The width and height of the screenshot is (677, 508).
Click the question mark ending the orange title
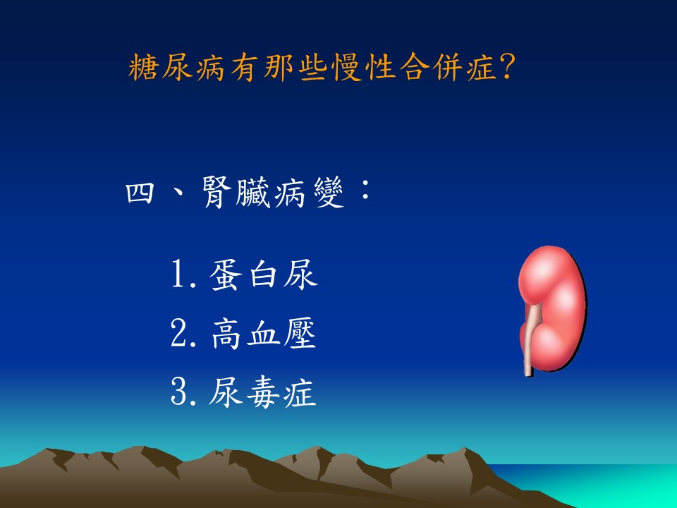coord(507,68)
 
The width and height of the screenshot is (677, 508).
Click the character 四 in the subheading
coord(140,193)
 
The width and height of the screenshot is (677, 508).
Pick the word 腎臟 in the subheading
coord(236,193)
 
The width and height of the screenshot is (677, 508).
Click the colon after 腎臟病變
coord(365,190)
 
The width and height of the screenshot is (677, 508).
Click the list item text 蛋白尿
coord(263,274)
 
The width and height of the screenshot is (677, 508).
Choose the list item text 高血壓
coord(263,333)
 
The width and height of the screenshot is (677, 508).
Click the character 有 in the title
coord(245,68)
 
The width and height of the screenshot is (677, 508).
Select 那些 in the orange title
coord(295,68)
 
